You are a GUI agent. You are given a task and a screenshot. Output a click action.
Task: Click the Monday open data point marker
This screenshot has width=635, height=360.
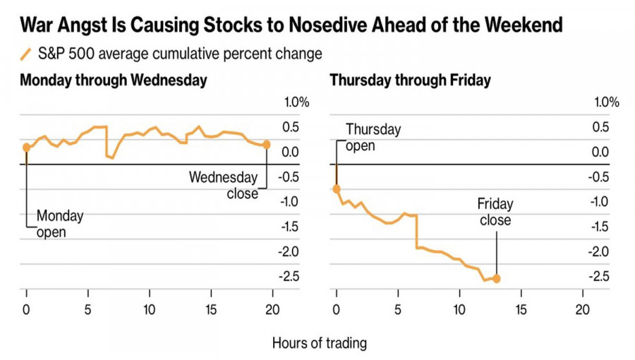[26, 147]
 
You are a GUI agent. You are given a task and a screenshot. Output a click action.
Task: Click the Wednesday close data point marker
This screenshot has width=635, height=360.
[267, 145]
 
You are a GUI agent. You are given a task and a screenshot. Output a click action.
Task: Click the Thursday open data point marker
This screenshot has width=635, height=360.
[336, 188]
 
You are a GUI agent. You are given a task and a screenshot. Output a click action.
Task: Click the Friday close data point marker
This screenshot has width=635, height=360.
[496, 279]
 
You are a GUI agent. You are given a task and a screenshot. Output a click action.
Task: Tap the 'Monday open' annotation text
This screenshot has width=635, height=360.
[59, 223]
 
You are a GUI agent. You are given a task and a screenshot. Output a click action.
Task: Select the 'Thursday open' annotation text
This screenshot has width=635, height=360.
[373, 138]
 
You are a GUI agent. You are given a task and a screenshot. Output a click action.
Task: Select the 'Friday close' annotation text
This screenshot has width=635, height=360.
[495, 212]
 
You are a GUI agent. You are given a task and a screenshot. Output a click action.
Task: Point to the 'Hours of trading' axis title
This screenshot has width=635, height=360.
[320, 343]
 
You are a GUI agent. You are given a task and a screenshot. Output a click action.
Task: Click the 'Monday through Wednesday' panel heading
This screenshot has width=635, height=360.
[114, 80]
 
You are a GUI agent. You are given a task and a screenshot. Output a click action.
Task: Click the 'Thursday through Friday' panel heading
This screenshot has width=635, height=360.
[410, 80]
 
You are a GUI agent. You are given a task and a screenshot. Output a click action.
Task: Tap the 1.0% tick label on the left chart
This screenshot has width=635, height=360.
[296, 102]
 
